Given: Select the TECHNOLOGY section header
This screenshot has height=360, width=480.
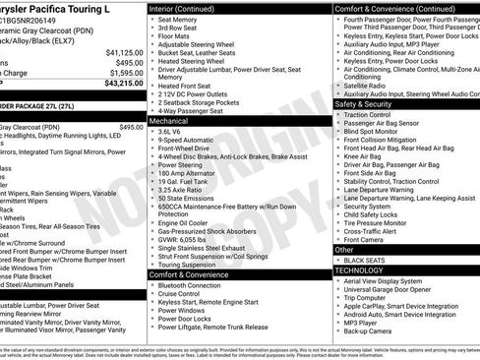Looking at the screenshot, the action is click(362, 270).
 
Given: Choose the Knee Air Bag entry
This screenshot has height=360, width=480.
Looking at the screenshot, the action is click(365, 156).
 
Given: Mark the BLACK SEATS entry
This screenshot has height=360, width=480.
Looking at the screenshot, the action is click(369, 260).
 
